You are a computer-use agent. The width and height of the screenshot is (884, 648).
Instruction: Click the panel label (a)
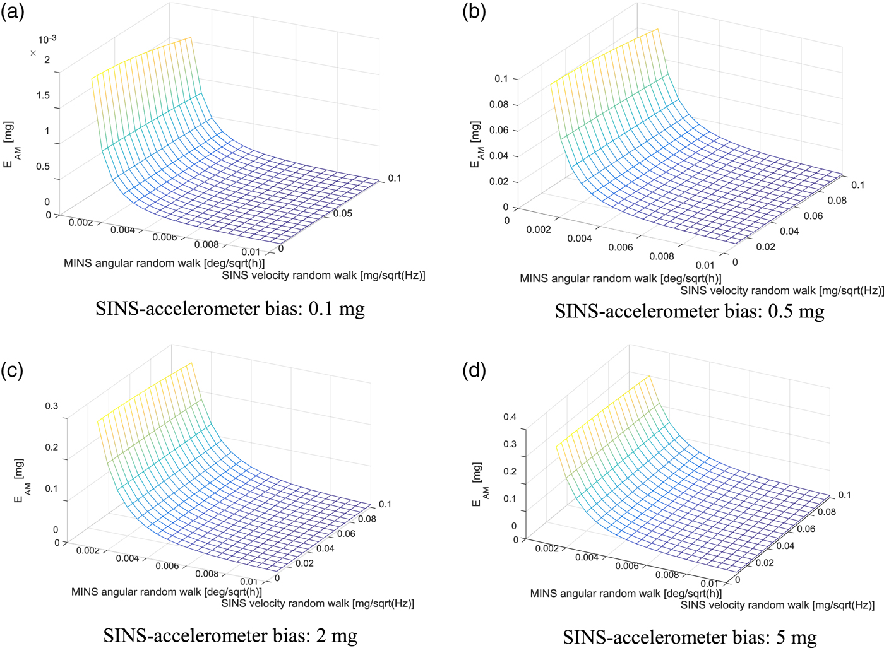click(x=13, y=11)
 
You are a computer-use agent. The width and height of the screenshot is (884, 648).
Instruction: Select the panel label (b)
click(x=474, y=11)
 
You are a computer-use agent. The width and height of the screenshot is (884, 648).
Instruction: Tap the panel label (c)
click(x=13, y=370)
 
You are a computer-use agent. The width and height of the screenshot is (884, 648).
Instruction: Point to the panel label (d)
click(x=474, y=370)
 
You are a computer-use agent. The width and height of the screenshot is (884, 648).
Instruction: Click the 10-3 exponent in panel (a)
click(x=47, y=40)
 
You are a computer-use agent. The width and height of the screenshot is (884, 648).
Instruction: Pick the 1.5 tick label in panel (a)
click(x=43, y=96)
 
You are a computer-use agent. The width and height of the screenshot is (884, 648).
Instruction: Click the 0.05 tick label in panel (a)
click(x=343, y=214)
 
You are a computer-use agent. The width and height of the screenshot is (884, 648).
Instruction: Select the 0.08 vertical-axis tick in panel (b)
click(x=499, y=105)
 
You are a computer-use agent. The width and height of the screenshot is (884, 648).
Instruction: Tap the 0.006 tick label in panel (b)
click(x=621, y=247)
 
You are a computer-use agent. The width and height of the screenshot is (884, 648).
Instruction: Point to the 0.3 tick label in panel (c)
click(x=51, y=406)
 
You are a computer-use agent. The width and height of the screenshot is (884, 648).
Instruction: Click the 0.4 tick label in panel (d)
click(x=510, y=417)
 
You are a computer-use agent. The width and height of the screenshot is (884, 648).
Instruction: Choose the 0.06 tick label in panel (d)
click(x=806, y=529)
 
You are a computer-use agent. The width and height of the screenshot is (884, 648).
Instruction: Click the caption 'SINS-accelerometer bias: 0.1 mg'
click(x=230, y=309)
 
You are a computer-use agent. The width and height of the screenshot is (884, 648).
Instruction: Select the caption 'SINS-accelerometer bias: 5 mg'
click(x=690, y=637)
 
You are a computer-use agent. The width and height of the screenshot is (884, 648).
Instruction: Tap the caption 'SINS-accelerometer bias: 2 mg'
click(x=230, y=635)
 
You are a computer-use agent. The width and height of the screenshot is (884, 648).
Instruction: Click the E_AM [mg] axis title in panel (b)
click(x=477, y=145)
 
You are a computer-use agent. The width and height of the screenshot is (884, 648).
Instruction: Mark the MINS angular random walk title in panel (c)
click(x=167, y=592)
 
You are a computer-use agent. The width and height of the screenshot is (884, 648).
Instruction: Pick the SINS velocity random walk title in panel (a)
click(x=323, y=276)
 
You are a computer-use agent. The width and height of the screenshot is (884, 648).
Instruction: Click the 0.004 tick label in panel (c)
click(x=127, y=558)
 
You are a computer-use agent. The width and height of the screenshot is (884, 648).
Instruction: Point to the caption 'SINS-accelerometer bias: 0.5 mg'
click(x=690, y=311)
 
